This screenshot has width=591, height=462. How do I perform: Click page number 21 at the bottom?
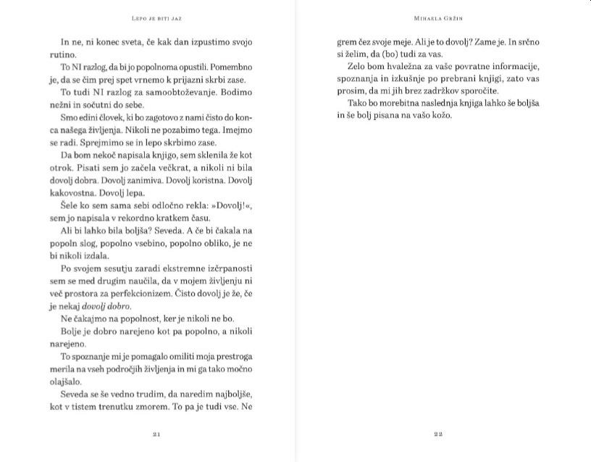[x=156, y=434]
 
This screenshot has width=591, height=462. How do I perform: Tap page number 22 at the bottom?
[x=437, y=434]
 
